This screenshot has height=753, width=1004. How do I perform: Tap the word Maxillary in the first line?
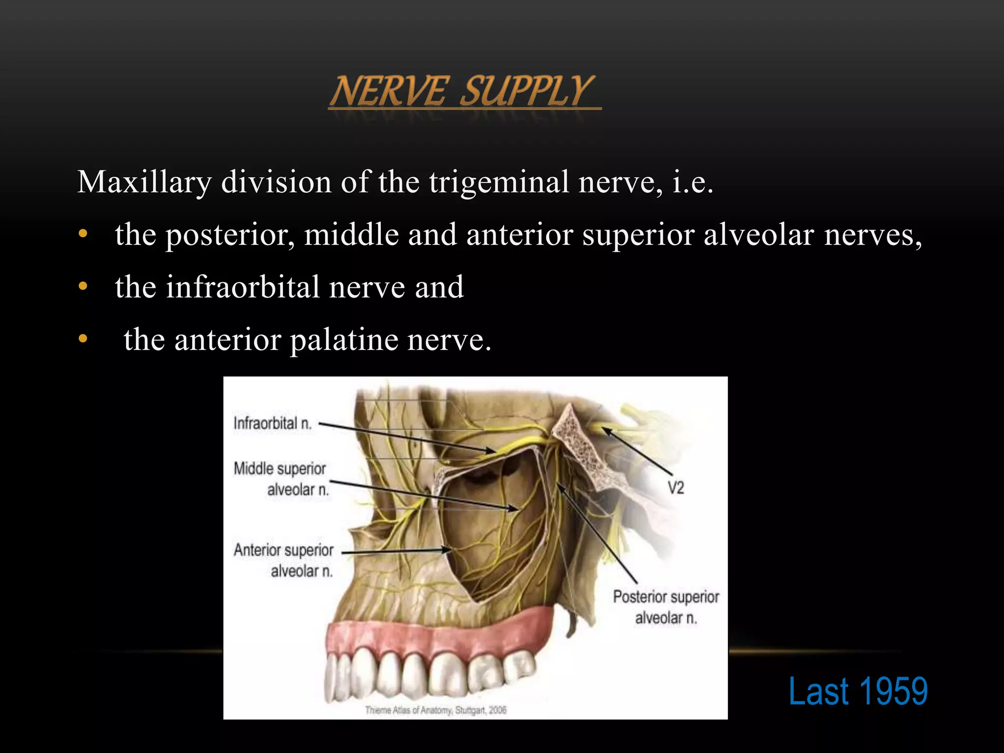(x=145, y=183)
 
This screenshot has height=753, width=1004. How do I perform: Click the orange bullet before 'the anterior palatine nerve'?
(x=83, y=338)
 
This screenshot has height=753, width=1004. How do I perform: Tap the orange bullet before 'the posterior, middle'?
(x=83, y=234)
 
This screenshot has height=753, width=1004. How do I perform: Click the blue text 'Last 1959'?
(x=858, y=691)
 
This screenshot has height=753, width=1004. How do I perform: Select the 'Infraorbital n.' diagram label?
(x=273, y=423)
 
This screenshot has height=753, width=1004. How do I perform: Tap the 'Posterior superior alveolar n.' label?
(x=666, y=607)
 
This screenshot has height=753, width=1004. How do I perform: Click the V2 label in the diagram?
(x=676, y=488)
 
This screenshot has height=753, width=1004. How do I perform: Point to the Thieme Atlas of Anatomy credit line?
(x=435, y=710)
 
